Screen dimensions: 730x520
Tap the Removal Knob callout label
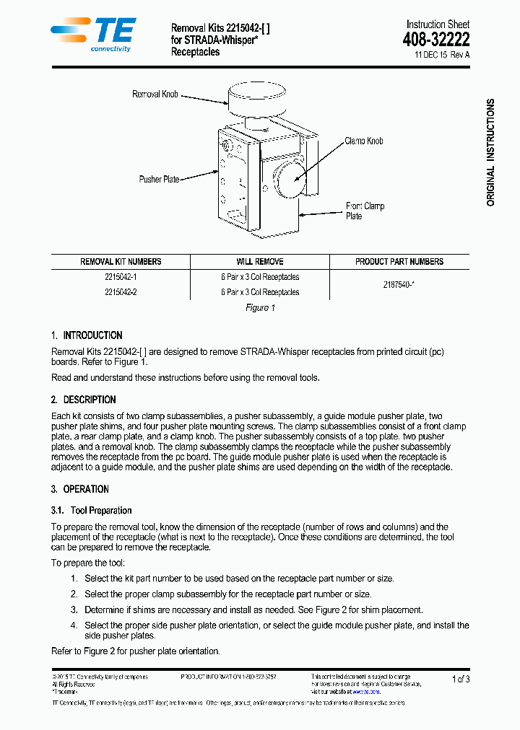coord(155,94)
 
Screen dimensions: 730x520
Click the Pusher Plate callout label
coord(159,179)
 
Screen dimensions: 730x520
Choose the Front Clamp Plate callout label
coord(364,211)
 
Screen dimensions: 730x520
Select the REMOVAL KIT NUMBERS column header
coord(121,262)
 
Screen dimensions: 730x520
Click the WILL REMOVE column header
coord(259,262)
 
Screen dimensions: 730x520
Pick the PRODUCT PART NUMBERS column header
coord(399,262)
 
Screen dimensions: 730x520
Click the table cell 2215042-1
coord(121,277)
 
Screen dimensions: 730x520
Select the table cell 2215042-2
coord(121,292)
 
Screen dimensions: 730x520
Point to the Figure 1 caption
coord(260,308)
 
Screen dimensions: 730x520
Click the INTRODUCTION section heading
coord(92,335)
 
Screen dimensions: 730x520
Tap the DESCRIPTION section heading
coord(89,400)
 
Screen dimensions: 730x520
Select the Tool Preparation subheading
coord(101,511)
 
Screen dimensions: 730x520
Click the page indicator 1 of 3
coord(460,679)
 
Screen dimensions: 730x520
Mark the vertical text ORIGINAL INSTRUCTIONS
coord(490,152)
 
